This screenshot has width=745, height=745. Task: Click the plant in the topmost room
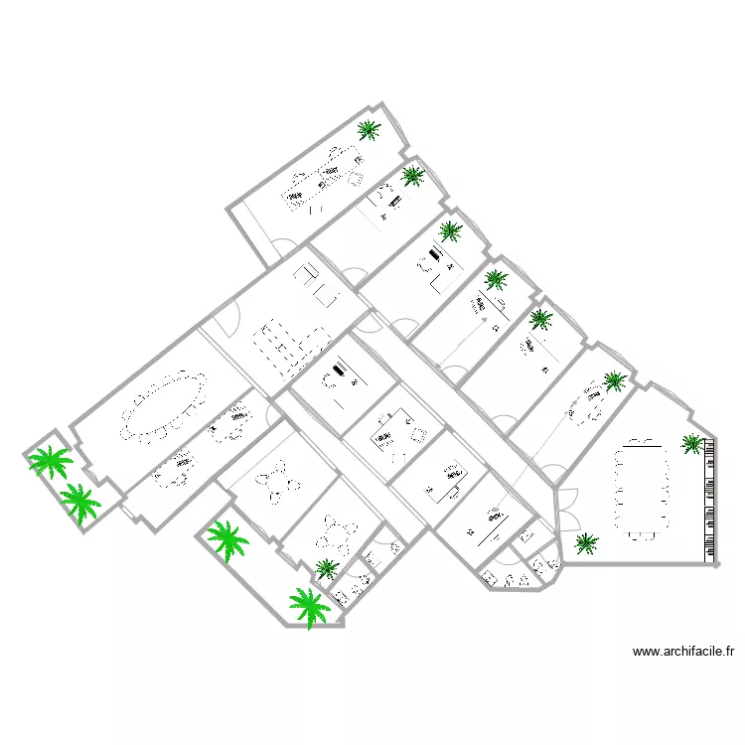point(369,129)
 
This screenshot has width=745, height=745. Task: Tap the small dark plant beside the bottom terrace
point(326,568)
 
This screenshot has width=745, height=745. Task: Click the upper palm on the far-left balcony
point(49,461)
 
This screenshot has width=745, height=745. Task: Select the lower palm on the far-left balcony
point(79,503)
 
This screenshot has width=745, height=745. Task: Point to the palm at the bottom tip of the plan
point(309,606)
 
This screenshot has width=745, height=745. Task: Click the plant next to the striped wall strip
point(691,443)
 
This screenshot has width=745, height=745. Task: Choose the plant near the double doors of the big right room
point(586,542)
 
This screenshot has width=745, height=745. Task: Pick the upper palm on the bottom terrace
point(227,539)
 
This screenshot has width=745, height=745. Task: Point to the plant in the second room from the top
point(412,177)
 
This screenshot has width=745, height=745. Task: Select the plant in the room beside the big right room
point(615,380)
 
